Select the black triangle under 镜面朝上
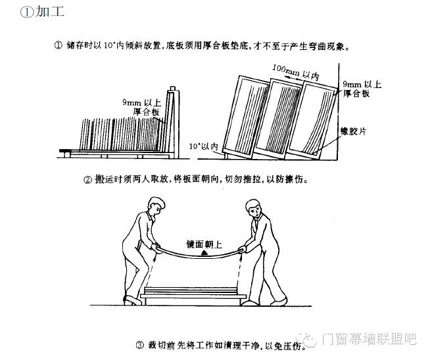pos(204,252)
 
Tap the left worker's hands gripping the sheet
pos(156,248)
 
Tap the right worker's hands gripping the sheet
pos(244,248)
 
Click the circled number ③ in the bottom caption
pos(139,344)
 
